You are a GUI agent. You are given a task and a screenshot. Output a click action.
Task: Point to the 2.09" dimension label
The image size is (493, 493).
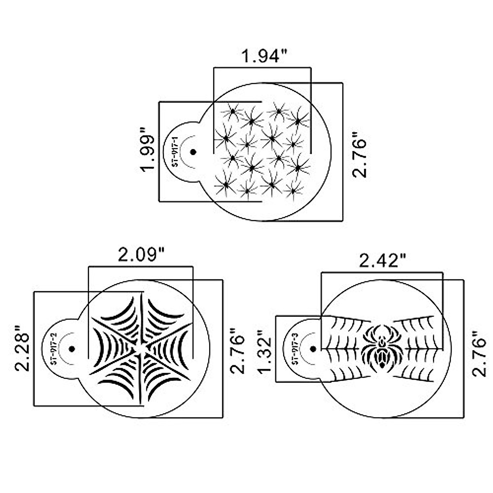[141, 256]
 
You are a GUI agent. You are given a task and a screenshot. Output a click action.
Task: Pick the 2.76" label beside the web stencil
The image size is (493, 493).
[237, 351]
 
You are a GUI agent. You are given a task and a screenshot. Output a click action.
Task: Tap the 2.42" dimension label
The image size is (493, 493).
[382, 260]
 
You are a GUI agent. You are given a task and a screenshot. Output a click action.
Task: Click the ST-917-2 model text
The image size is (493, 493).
[53, 349]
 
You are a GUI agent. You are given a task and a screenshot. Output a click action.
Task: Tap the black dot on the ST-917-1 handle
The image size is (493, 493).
[193, 152]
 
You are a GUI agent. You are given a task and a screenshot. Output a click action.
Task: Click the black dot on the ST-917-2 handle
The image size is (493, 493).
[72, 349]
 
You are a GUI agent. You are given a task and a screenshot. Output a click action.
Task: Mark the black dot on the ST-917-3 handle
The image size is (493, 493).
[313, 349]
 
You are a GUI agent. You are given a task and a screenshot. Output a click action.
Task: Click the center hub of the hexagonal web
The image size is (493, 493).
[141, 349]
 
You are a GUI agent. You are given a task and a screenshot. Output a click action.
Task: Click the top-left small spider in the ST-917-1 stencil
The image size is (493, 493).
[232, 111]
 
